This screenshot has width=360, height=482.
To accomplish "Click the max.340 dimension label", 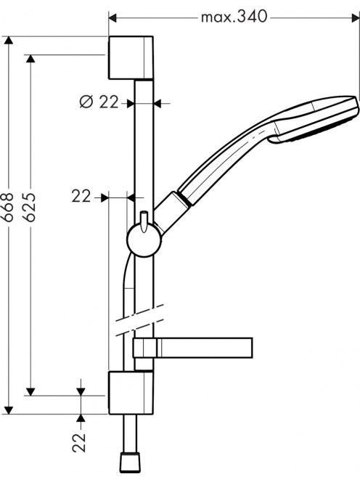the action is click(234, 17).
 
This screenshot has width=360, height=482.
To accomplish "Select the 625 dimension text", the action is click(30, 207).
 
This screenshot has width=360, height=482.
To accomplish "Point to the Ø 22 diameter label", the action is click(99, 102).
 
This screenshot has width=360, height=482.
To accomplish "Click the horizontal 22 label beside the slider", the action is click(81, 196).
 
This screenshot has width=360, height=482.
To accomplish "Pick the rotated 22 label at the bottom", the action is click(79, 442).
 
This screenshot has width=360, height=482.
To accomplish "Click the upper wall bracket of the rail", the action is click(131, 58).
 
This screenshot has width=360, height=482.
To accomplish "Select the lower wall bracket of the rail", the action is click(131, 393).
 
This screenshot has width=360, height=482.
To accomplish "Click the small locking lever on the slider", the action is click(144, 221).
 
